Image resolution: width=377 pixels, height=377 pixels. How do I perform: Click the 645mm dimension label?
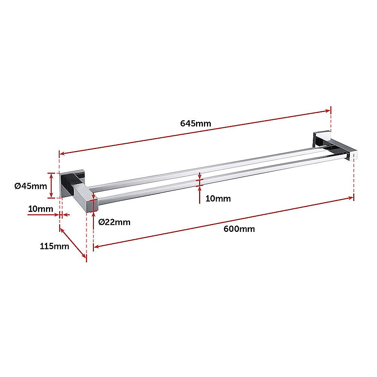pyautogui.click(x=196, y=123)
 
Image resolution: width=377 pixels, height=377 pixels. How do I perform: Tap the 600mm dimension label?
pyautogui.click(x=239, y=228)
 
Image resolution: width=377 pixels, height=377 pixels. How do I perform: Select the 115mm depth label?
pyautogui.click(x=54, y=246)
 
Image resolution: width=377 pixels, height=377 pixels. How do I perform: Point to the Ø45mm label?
pyautogui.click(x=31, y=185)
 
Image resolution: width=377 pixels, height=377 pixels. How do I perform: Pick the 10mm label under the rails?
pyautogui.click(x=218, y=198)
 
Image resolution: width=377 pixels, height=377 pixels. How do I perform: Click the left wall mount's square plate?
pyautogui.click(x=67, y=185)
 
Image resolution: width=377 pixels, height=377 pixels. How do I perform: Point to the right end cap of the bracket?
pyautogui.click(x=354, y=156)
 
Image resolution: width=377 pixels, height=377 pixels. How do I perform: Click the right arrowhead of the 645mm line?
pyautogui.click(x=328, y=111)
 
